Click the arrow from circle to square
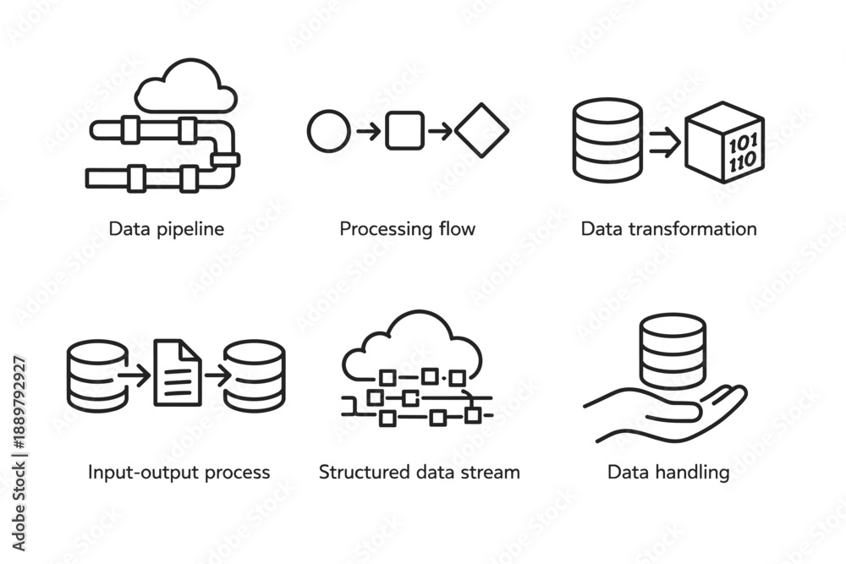[369, 131]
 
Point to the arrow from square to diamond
[440, 131]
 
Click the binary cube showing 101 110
[725, 142]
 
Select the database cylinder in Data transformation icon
[607, 140]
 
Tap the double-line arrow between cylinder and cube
[665, 142]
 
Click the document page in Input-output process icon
[178, 373]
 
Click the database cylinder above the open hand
[673, 352]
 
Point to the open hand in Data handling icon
[665, 416]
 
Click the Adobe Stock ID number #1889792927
[19, 402]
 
